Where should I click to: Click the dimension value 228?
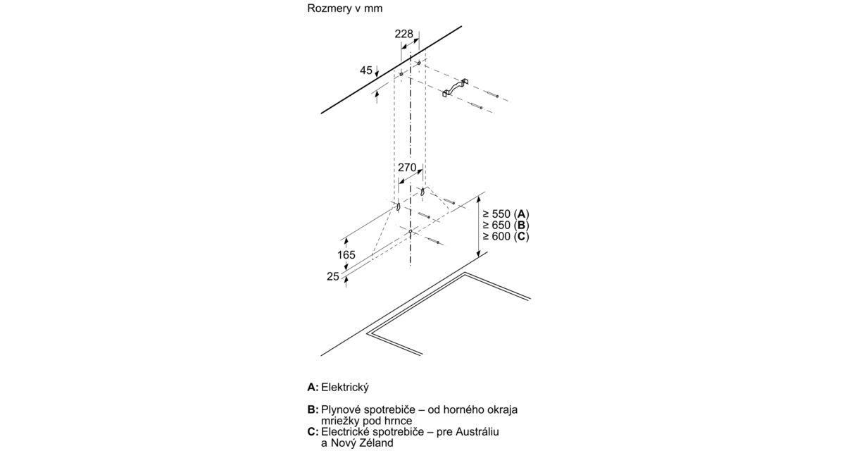point(403,35)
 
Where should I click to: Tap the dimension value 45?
point(366,70)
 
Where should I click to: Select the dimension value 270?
point(408,168)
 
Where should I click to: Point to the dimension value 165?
point(346,255)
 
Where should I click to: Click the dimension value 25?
point(334,277)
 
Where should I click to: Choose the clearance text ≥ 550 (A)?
point(505,214)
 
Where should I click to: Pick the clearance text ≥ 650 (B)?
point(505,225)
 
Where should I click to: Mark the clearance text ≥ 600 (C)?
point(505,236)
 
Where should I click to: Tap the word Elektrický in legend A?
point(345,388)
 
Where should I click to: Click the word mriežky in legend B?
point(341,421)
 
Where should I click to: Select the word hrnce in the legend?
point(397,421)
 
